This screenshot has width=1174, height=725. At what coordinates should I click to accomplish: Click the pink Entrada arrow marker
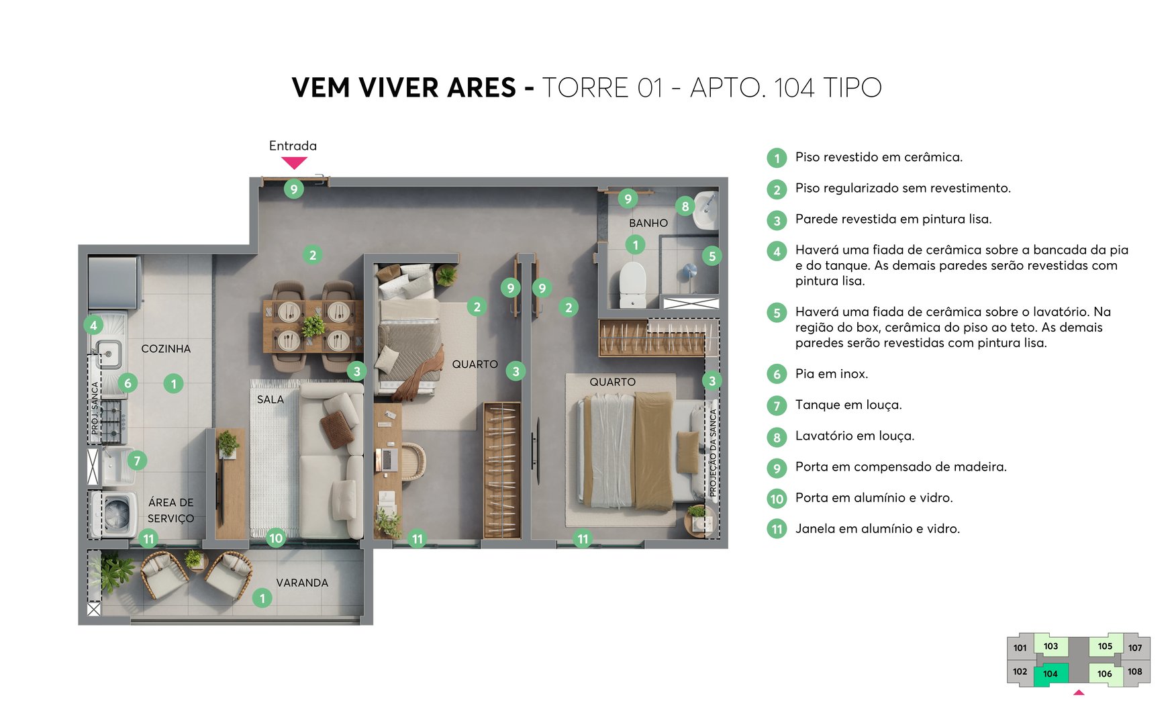(294, 162)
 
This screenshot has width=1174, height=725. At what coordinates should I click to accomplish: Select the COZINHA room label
(166, 348)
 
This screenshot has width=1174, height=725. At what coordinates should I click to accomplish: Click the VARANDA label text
(302, 583)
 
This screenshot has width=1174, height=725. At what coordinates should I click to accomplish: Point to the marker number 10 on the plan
(276, 538)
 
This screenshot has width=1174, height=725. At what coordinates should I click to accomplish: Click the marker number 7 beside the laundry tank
(137, 461)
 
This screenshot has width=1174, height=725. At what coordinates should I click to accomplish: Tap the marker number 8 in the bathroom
(685, 206)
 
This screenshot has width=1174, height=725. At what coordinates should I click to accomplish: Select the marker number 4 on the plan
(93, 326)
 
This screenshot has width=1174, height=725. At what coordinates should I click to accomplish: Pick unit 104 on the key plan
(1050, 674)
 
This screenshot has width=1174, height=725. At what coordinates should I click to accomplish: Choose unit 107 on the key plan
(1135, 648)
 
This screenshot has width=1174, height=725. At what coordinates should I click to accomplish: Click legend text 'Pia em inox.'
(832, 374)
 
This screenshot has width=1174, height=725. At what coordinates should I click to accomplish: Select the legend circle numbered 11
(777, 529)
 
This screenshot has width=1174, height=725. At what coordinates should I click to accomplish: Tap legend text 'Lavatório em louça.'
(854, 436)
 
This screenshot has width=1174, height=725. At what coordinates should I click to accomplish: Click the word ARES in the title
(481, 88)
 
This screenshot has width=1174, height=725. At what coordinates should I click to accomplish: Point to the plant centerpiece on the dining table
(313, 326)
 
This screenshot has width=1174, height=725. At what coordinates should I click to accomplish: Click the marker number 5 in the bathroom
(712, 255)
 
